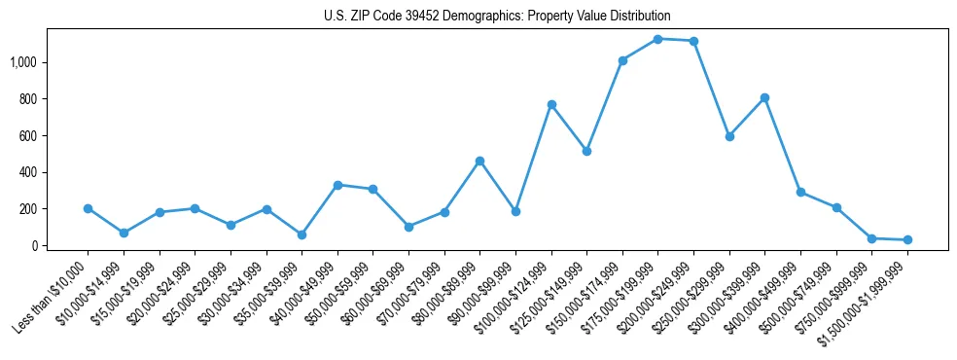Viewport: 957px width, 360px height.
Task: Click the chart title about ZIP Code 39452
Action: [x=497, y=16]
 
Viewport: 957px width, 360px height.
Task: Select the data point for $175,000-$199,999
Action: [x=657, y=39]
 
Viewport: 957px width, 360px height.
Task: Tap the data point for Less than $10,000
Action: [x=88, y=208]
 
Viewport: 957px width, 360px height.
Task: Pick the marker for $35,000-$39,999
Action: [x=301, y=234]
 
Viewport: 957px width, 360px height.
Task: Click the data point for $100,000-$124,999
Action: [x=551, y=104]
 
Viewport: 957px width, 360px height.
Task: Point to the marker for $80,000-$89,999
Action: [x=479, y=161]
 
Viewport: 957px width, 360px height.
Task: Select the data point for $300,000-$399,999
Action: [x=764, y=97]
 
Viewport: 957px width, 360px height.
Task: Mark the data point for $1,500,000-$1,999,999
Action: [x=907, y=239]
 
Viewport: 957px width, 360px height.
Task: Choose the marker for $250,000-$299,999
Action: [x=729, y=136]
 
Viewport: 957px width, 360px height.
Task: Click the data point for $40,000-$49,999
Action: [x=337, y=185]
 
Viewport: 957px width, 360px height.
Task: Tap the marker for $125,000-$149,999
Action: [x=586, y=151]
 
